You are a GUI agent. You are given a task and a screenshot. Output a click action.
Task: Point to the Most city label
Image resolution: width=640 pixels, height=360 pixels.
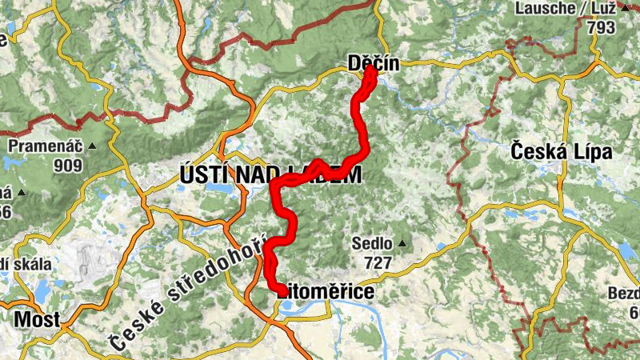coord(38,319)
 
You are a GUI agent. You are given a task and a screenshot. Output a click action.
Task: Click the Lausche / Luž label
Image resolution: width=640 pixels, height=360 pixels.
coord(566,9)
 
